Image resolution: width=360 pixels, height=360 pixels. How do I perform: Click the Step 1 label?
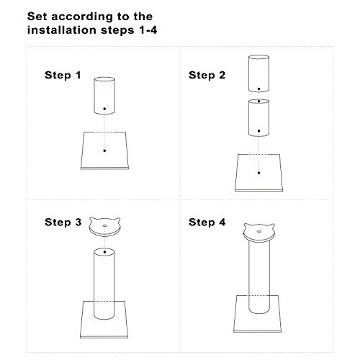pyautogui.click(x=63, y=75)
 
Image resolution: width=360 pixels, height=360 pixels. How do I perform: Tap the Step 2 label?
pyautogui.click(x=207, y=75)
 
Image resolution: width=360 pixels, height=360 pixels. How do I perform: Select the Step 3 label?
pyautogui.click(x=63, y=222)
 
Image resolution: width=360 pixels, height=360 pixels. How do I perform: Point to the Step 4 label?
pyautogui.click(x=207, y=222)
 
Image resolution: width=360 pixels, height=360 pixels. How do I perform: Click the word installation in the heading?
pyautogui.click(x=62, y=30)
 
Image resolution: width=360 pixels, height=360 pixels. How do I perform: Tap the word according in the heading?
pyautogui.click(x=82, y=17)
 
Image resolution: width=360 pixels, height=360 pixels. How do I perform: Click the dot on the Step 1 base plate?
pyautogui.click(x=104, y=150)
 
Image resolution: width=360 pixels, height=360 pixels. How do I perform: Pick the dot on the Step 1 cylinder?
pyautogui.click(x=104, y=109)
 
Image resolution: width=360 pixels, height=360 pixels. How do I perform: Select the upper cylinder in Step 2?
pyautogui.click(x=258, y=73)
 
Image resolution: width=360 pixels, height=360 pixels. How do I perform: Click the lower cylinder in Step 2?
pyautogui.click(x=258, y=118)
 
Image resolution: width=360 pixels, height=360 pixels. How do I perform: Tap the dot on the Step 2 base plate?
pyautogui.click(x=258, y=173)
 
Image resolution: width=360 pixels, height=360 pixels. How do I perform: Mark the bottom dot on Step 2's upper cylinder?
pyautogui.click(x=258, y=89)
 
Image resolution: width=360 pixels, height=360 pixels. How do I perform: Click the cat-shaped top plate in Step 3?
pyautogui.click(x=104, y=227)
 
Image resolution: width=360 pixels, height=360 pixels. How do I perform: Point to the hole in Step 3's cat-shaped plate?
pyautogui.click(x=104, y=225)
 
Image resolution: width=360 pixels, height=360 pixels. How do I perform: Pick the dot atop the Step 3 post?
pyautogui.click(x=104, y=252)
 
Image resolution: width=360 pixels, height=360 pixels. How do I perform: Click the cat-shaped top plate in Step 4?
pyautogui.click(x=259, y=233)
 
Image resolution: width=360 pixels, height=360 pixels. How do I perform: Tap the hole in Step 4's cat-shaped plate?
pyautogui.click(x=259, y=232)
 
